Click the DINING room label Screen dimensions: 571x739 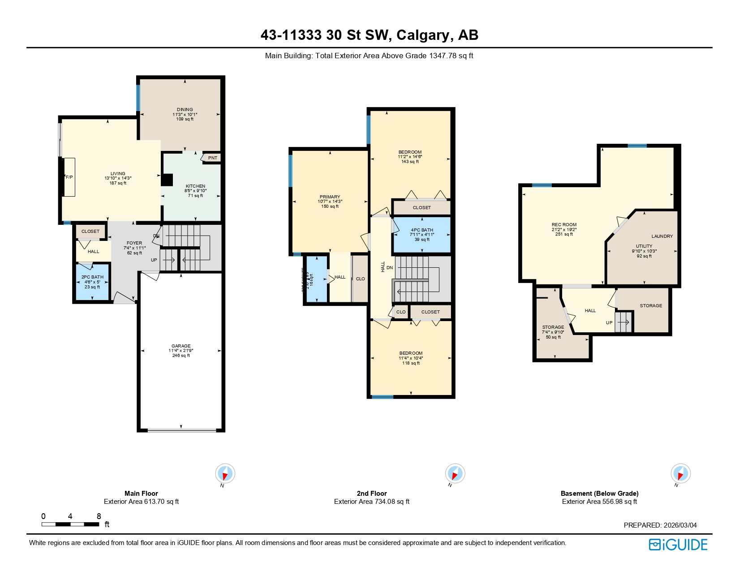coord(185,110)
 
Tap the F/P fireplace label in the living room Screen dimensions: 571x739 coord(69,177)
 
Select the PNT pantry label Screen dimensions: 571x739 coord(213,158)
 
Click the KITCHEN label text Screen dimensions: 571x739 coord(196,186)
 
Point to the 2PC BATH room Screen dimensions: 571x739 coord(92,282)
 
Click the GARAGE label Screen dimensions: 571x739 coord(181,346)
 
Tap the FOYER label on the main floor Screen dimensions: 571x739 coord(134,243)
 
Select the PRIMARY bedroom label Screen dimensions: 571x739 coord(330,197)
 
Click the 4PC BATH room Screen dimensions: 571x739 coord(422,234)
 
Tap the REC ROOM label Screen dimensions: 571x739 coord(564,225)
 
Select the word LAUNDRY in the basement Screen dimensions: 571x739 coord(662,236)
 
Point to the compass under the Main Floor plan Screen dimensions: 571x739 coord(225,474)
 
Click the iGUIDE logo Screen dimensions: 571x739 coord(678,545)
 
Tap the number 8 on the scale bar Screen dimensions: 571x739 coord(99,516)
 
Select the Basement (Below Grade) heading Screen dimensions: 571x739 coord(599,494)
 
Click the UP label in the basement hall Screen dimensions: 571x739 coord(609,323)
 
